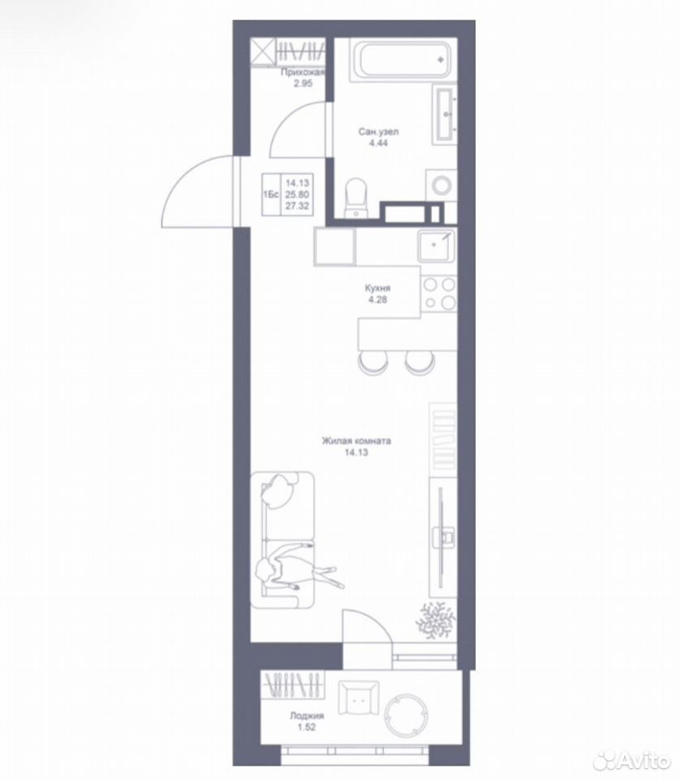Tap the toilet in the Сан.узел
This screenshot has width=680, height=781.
pyautogui.click(x=355, y=199)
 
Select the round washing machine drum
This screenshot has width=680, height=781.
pyautogui.click(x=442, y=186)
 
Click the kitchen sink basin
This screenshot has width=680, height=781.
pyautogui.click(x=436, y=246)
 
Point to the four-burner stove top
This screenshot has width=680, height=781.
pyautogui.click(x=439, y=293)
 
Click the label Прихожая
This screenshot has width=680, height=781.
pyautogui.click(x=303, y=72)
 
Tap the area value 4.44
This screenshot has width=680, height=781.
pyautogui.click(x=378, y=143)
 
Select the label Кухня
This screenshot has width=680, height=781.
pyautogui.click(x=377, y=288)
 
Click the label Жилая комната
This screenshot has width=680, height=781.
pyautogui.click(x=356, y=441)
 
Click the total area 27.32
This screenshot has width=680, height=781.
pyautogui.click(x=297, y=206)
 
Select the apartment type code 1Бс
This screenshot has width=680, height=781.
pyautogui.click(x=271, y=194)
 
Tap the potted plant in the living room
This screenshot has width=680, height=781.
pyautogui.click(x=436, y=619)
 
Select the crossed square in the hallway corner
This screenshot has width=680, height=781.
pyautogui.click(x=263, y=52)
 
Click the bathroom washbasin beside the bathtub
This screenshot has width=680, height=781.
pyautogui.click(x=446, y=114)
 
